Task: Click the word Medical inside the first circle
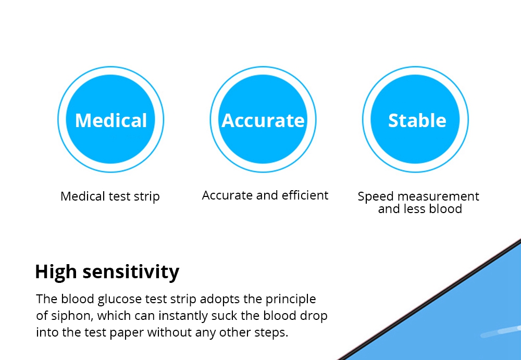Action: [111, 120]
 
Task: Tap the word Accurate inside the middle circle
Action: [263, 120]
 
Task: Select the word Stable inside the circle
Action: [417, 120]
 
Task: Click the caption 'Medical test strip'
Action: [110, 196]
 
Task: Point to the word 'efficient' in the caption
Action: [305, 195]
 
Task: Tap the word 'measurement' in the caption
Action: [438, 196]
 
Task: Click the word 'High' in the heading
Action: [56, 271]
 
